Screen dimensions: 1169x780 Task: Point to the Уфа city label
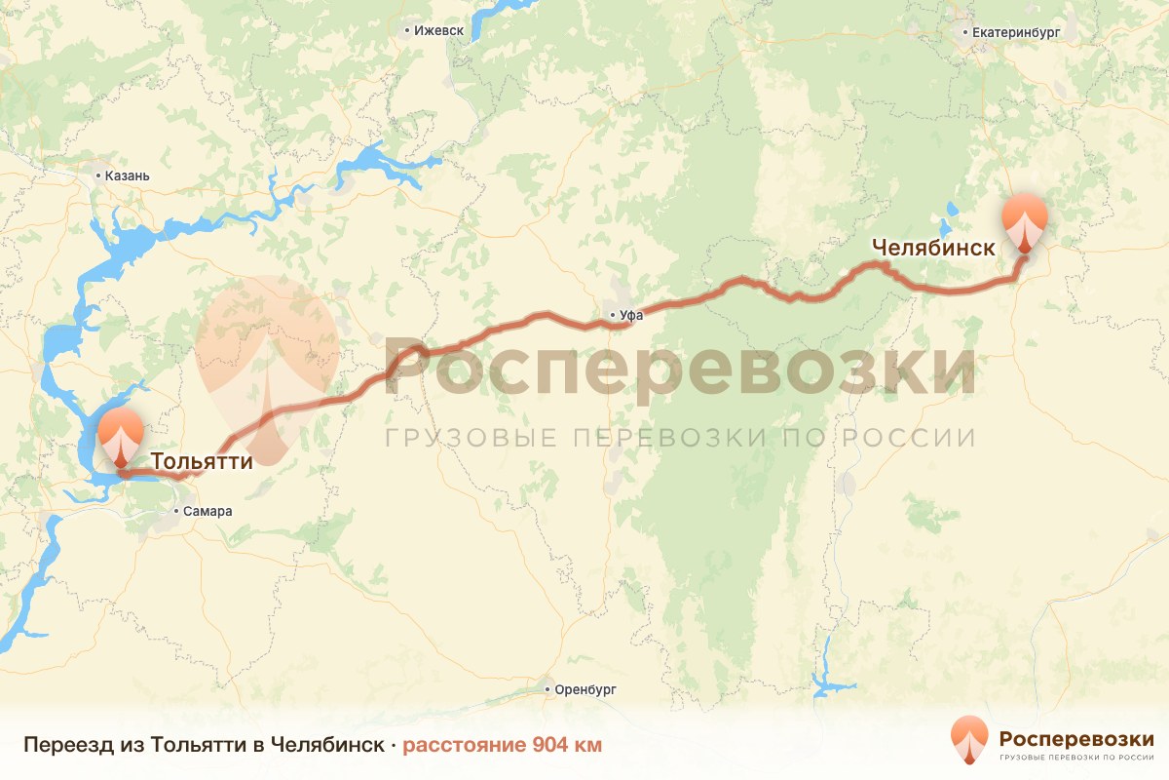click(631, 315)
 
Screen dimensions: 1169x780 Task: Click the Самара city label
click(208, 511)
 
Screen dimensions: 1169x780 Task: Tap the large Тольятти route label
click(202, 460)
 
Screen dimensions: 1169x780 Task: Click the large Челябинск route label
click(933, 248)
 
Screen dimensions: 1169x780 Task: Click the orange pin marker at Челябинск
click(1026, 223)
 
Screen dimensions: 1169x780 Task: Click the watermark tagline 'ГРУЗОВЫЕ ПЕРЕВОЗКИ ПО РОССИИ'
click(680, 437)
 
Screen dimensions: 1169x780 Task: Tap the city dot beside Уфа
click(612, 315)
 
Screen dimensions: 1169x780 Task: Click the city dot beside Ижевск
click(407, 30)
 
